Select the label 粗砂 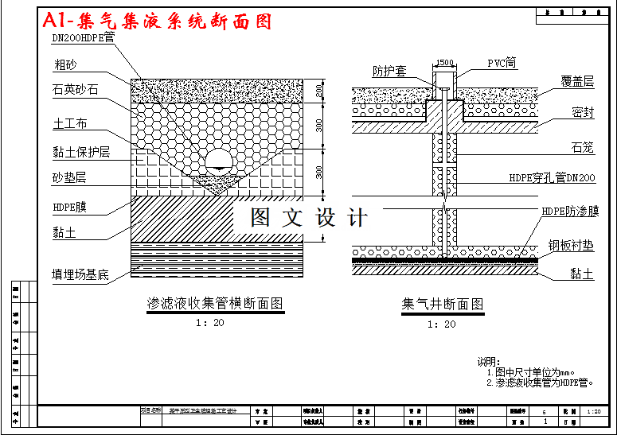tap(65, 64)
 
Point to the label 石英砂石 tap(76, 89)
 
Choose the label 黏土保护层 tap(81, 152)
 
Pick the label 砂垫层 tap(69, 177)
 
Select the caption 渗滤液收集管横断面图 tap(215, 304)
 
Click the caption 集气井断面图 tap(443, 304)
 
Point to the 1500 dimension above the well tap(445, 63)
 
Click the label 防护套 tap(390, 71)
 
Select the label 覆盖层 tap(577, 81)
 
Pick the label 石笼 tap(583, 147)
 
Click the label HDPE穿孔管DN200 tap(552, 178)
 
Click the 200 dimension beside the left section tap(319, 91)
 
